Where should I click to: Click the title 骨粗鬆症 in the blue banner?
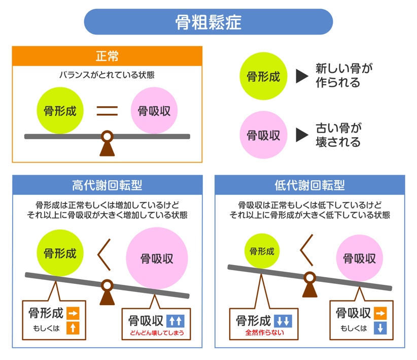tap(208, 22)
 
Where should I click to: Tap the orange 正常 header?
tap(107, 56)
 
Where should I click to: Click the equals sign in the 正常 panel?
tap(107, 111)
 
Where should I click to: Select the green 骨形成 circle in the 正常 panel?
tap(60, 111)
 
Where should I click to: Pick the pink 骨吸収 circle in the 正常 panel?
tap(154, 111)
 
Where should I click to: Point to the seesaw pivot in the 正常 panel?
tap(107, 144)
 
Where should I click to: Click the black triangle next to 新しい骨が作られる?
tap(302, 76)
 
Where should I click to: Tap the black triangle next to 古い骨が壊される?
tap(302, 135)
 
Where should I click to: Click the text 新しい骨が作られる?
tap(344, 75)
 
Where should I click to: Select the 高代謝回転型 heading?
tap(107, 185)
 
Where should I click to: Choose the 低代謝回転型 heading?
tap(310, 185)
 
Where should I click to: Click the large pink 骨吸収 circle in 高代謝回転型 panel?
tap(157, 258)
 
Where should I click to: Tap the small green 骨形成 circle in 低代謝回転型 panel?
tap(262, 251)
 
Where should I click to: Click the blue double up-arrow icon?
tap(176, 321)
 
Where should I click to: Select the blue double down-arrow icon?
tap(283, 321)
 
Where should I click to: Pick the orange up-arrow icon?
tap(73, 328)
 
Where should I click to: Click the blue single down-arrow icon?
tap(380, 328)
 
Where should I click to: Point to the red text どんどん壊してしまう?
tap(157, 333)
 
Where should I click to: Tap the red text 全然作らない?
tap(265, 333)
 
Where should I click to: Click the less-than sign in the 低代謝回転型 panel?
tap(306, 250)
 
